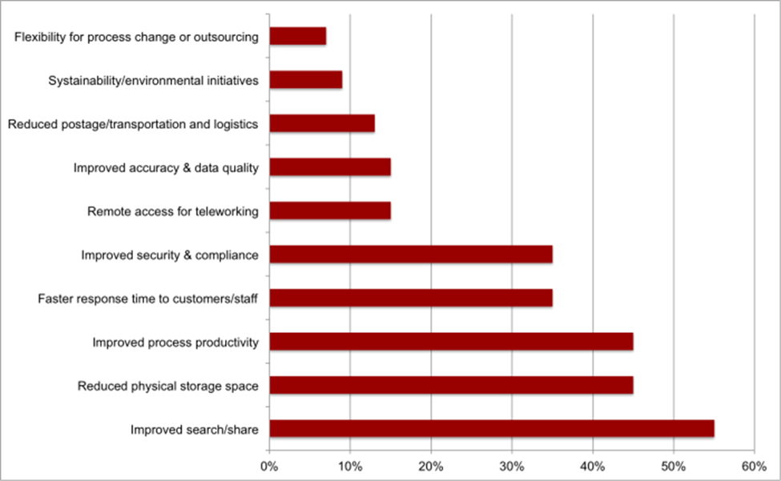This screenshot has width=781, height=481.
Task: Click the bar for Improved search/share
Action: tap(491, 429)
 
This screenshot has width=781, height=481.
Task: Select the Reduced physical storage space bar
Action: tap(451, 386)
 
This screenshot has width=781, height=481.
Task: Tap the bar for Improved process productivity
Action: tap(451, 343)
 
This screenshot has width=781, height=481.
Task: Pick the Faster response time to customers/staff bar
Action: tap(411, 299)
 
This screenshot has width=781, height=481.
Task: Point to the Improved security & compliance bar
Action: tap(411, 255)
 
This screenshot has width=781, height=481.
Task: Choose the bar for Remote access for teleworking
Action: tap(330, 211)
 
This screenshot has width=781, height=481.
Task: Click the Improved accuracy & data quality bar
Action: tap(330, 167)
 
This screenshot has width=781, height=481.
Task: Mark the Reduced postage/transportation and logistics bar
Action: tap(322, 124)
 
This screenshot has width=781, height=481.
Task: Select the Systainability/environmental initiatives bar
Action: tap(306, 80)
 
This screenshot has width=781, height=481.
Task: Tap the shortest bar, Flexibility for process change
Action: tap(298, 37)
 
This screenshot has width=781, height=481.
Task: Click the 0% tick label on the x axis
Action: tap(269, 465)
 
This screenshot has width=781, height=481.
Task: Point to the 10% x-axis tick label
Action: tap(350, 465)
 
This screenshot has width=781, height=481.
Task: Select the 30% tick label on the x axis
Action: tap(512, 465)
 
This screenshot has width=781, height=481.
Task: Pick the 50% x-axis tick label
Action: tap(674, 465)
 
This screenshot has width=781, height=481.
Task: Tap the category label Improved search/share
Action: tap(195, 430)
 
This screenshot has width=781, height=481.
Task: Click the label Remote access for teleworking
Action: tap(172, 212)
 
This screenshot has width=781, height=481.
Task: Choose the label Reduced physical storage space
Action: tap(167, 387)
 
